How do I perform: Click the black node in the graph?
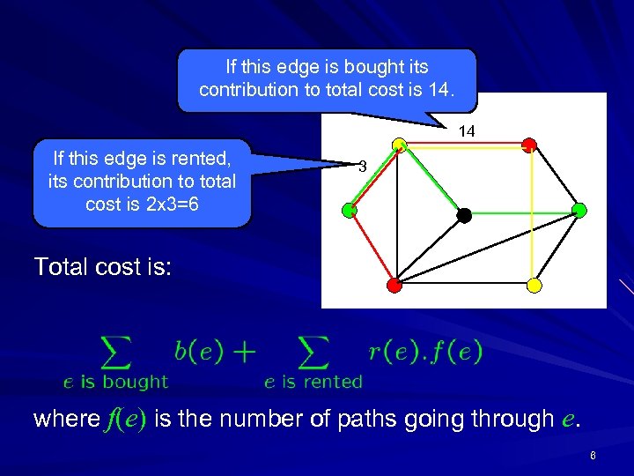pyautogui.click(x=464, y=213)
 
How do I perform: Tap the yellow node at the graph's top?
pyautogui.click(x=399, y=145)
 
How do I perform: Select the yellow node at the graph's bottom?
pyautogui.click(x=533, y=286)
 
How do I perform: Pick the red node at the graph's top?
pyautogui.click(x=529, y=145)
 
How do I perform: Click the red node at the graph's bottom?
pyautogui.click(x=394, y=285)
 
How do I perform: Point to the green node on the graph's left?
pyautogui.click(x=350, y=210)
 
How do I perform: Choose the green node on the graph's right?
pyautogui.click(x=579, y=210)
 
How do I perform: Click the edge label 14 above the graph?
pyautogui.click(x=467, y=131)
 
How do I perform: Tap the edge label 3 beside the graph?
pyautogui.click(x=361, y=167)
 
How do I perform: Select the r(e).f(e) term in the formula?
pyautogui.click(x=425, y=352)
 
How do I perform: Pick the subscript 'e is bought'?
pyautogui.click(x=115, y=382)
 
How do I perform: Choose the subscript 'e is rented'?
pyautogui.click(x=313, y=382)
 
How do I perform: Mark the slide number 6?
pyautogui.click(x=593, y=456)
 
